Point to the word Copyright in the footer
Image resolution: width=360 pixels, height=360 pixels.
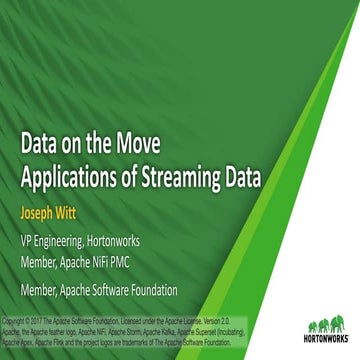[17, 321]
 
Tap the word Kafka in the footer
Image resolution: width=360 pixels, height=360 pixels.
[220, 330]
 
